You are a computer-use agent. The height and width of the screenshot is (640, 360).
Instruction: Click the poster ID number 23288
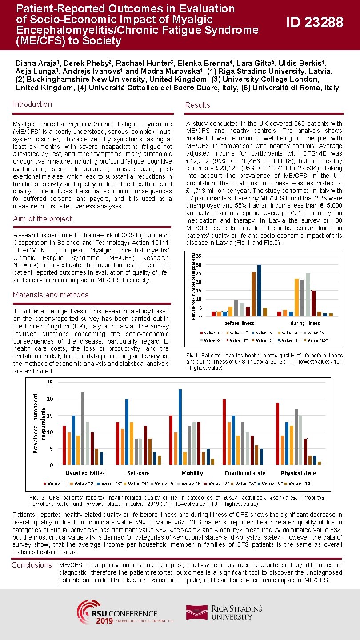315,22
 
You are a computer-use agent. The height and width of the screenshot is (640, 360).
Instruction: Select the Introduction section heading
32,104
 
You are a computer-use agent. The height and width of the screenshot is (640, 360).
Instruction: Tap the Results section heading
198,105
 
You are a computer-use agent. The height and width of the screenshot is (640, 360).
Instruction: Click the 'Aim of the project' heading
42,219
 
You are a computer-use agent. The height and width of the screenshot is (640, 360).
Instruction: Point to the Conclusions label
32,565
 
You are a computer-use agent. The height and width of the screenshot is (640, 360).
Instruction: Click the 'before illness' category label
239,323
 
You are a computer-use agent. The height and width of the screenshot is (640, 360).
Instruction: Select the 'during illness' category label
305,323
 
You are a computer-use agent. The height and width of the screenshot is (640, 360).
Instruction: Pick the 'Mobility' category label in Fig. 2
192,473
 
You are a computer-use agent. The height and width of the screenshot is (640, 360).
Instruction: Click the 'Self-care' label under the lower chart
138,473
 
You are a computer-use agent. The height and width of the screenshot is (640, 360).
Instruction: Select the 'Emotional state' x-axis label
245,473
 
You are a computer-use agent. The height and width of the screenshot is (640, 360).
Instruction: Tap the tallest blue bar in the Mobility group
180,427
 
